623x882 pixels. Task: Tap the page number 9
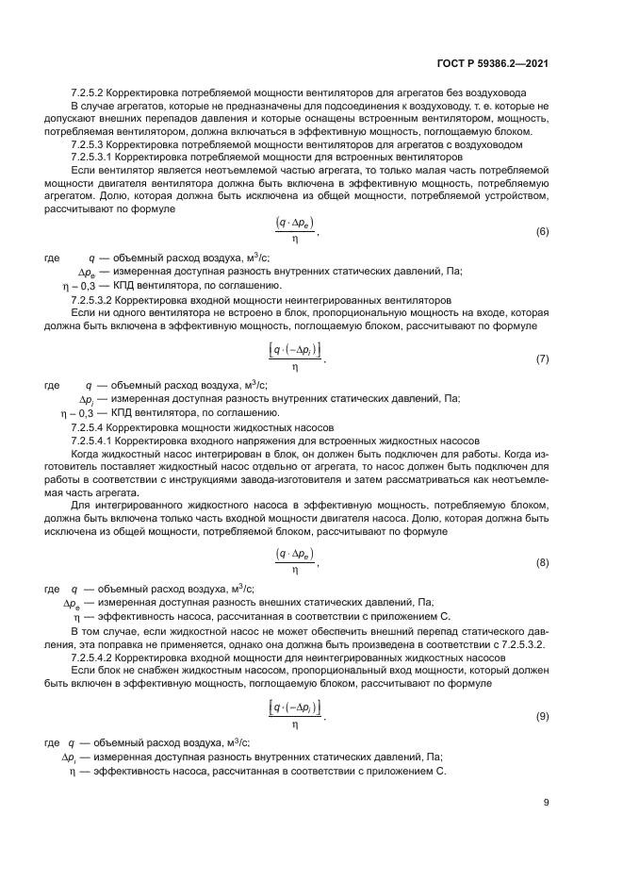[546, 804]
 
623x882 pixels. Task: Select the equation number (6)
[541, 231]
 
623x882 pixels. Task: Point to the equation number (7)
[541, 360]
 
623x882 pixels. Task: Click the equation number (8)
[541, 563]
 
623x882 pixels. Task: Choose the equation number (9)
[541, 717]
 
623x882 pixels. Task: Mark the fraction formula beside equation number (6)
[295, 231]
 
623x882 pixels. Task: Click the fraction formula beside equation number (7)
[295, 360]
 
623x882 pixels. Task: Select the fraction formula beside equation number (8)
[295, 563]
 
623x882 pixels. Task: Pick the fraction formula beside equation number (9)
[295, 717]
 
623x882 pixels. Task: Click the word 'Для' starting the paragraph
[80, 505]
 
